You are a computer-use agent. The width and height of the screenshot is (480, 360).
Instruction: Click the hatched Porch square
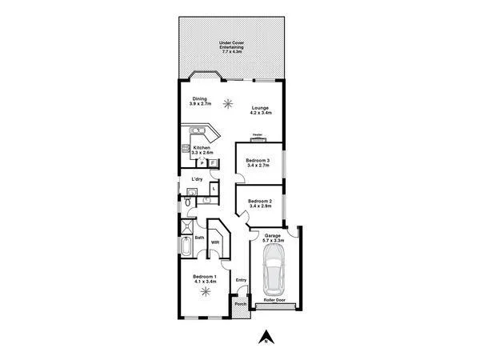tap(239, 305)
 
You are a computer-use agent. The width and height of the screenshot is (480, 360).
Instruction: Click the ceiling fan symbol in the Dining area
tap(228, 102)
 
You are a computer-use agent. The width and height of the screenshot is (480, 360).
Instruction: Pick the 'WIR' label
tap(214, 241)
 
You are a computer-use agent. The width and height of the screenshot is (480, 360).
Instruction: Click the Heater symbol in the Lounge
tap(258, 137)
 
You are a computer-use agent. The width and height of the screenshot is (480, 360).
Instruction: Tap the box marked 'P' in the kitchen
tap(202, 162)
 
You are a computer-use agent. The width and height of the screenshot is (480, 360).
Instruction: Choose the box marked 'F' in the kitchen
tap(213, 162)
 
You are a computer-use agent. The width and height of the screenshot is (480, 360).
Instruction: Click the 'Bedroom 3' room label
tap(258, 160)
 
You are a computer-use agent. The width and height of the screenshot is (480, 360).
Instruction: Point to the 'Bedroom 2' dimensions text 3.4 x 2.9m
tap(261, 206)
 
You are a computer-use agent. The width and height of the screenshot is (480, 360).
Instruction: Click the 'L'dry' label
tap(196, 178)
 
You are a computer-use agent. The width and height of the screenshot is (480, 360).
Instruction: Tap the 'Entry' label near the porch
tap(241, 280)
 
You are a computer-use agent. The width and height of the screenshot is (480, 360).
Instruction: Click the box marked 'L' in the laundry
tap(213, 188)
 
